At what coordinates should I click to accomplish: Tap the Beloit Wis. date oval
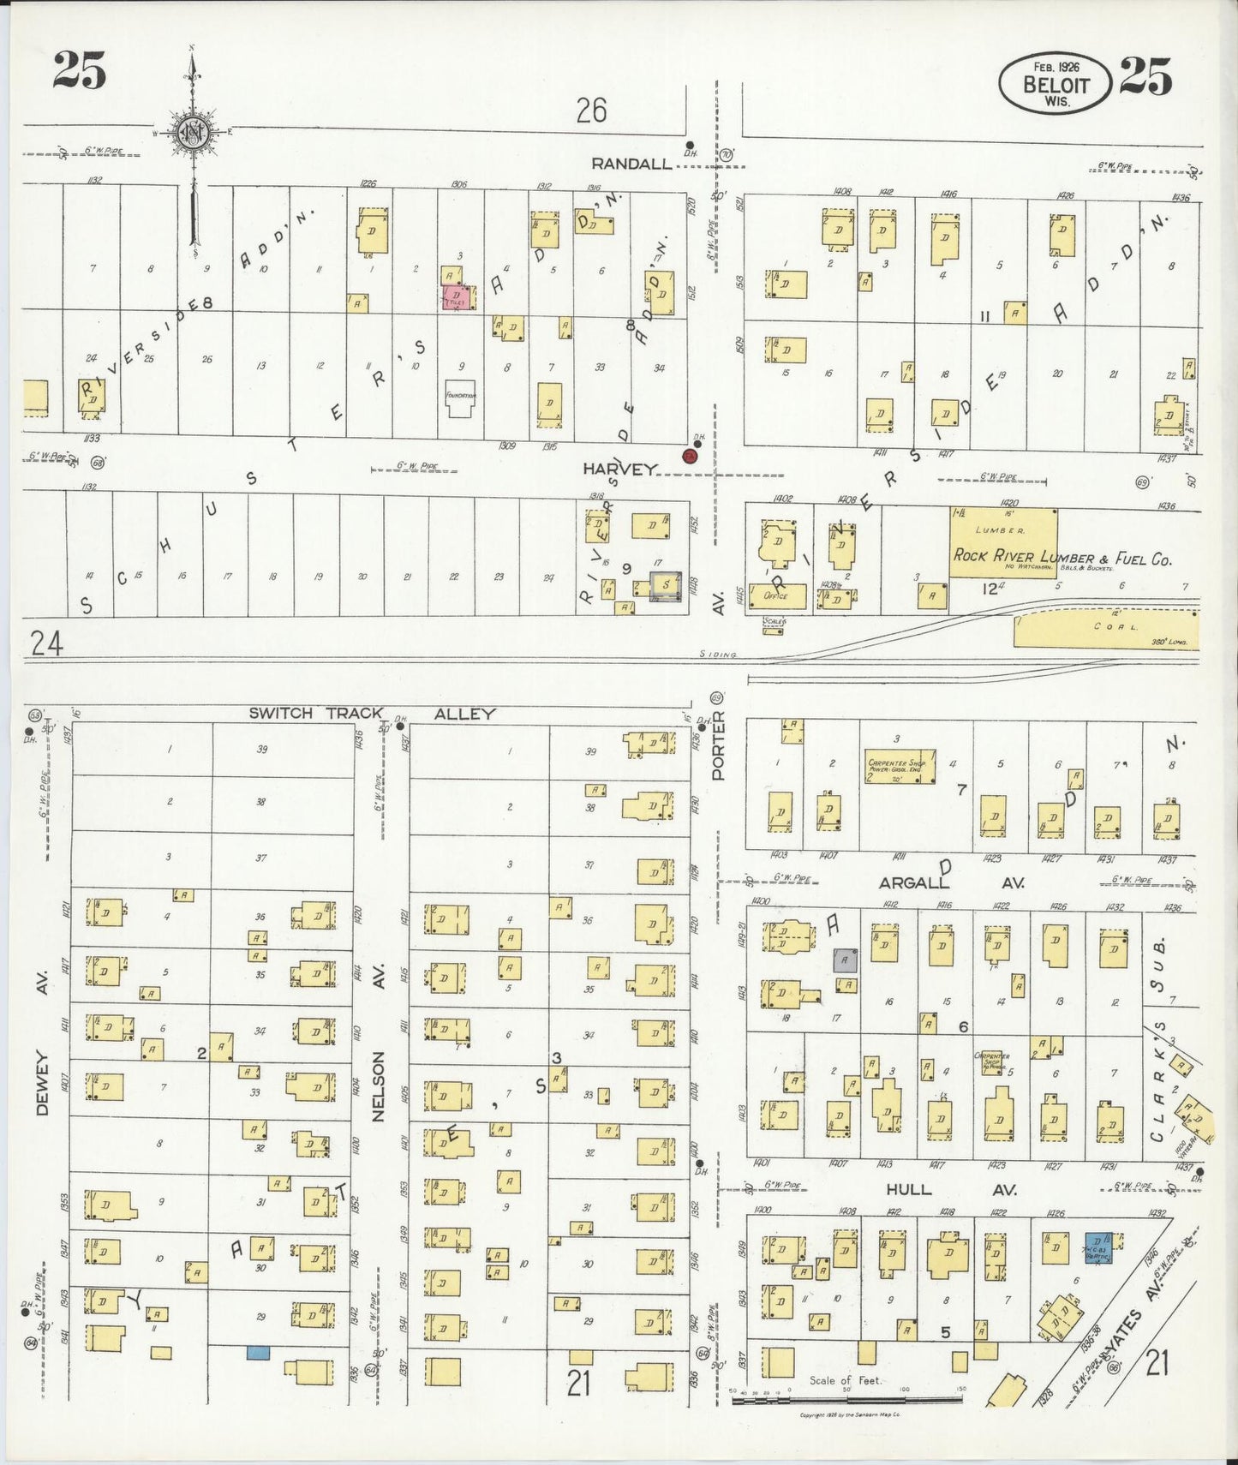point(1055,83)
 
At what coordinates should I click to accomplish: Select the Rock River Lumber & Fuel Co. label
point(1062,556)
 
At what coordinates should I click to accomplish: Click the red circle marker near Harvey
point(689,457)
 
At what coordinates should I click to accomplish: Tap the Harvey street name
point(620,469)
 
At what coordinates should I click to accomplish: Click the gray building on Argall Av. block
point(845,960)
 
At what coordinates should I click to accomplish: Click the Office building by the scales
point(777,596)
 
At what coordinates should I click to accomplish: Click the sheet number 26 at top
point(591,110)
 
